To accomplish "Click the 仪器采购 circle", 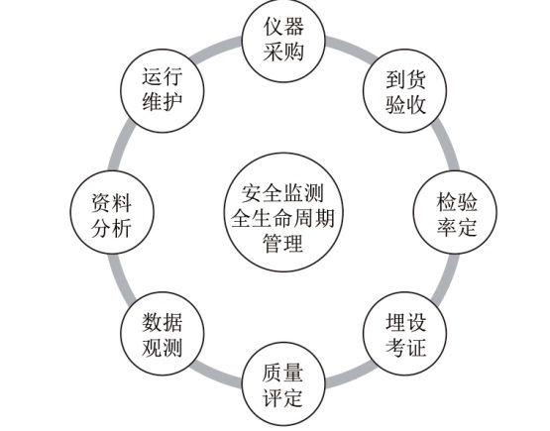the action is pyautogui.click(x=283, y=41).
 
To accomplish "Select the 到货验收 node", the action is pyautogui.click(x=404, y=91).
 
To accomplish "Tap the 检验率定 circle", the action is pyautogui.click(x=455, y=212).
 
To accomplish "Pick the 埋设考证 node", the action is pyautogui.click(x=404, y=334).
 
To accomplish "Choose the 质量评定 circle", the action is pyautogui.click(x=283, y=384).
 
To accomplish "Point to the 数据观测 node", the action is pyautogui.click(x=163, y=334).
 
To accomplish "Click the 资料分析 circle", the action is pyautogui.click(x=112, y=212).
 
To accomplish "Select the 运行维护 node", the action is pyautogui.click(x=163, y=91).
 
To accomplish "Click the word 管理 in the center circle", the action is pyautogui.click(x=282, y=243).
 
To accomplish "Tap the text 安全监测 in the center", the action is pyautogui.click(x=282, y=192).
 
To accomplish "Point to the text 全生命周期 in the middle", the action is pyautogui.click(x=282, y=218).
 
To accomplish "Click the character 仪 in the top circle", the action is pyautogui.click(x=274, y=27).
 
